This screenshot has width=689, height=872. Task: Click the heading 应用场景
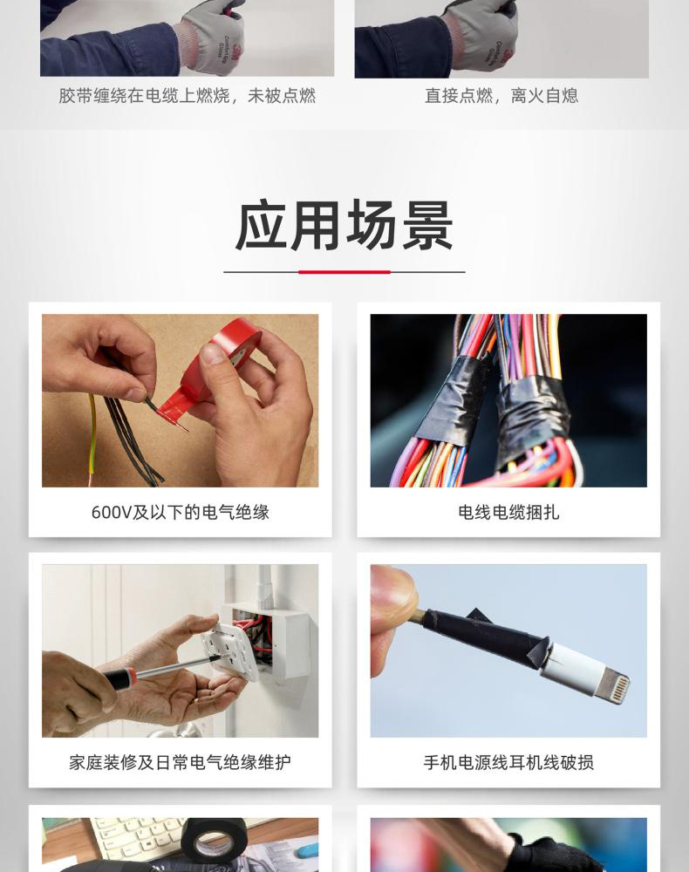coord(344,226)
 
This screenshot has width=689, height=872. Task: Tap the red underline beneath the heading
coord(344,272)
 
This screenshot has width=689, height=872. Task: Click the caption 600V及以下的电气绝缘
coord(181,512)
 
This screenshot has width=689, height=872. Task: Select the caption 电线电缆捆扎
coord(508,512)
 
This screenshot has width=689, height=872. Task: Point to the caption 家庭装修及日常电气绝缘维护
coord(181,762)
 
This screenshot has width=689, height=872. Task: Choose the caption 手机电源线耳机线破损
coord(508,762)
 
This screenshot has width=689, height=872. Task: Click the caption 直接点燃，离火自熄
coord(501,96)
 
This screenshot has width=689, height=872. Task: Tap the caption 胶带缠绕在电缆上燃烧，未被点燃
coord(188,96)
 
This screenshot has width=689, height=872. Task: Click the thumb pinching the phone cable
coord(393,592)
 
